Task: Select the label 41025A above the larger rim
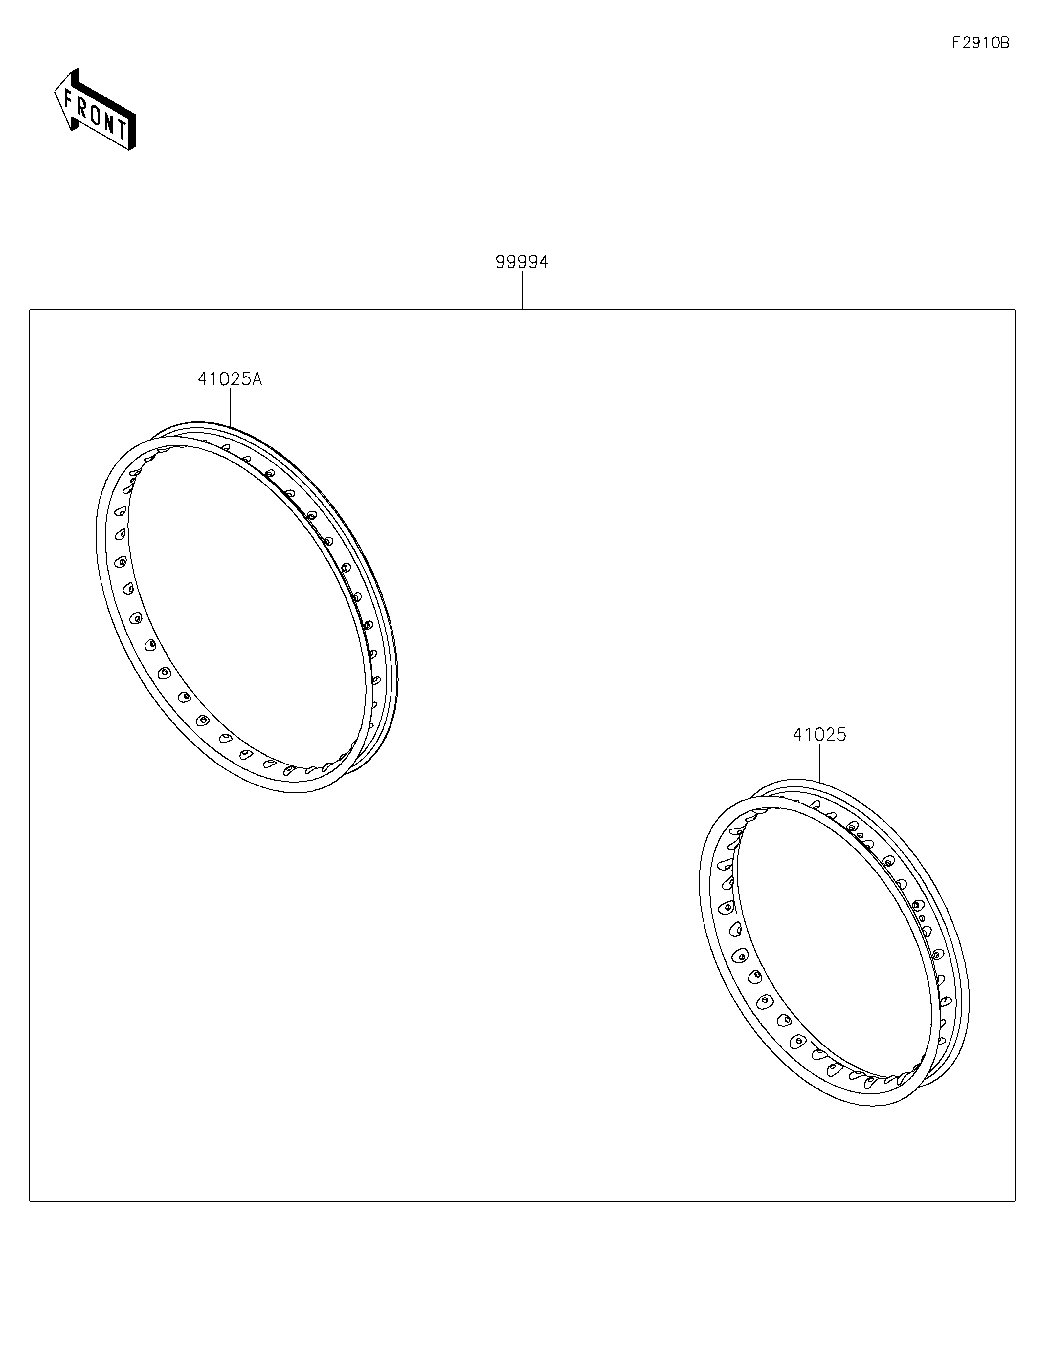(230, 379)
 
